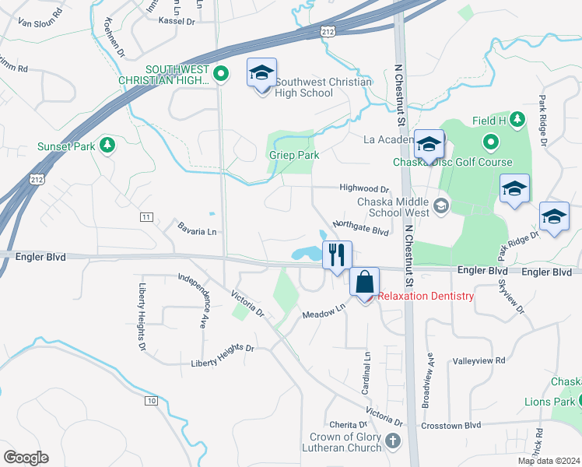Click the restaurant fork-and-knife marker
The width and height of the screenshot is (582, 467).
[x=337, y=255]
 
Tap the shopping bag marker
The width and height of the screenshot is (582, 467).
[x=365, y=283]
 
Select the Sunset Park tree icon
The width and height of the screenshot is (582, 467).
[x=108, y=145]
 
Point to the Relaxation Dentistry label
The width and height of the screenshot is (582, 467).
[x=426, y=296]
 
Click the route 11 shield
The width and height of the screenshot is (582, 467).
[x=145, y=216]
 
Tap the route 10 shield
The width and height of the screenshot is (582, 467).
[x=150, y=400]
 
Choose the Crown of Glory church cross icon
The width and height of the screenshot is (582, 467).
[x=393, y=441]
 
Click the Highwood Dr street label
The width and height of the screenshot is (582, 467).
[x=363, y=188]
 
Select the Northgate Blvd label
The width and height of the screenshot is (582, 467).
[x=359, y=227]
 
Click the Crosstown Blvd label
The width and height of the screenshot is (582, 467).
[x=451, y=426]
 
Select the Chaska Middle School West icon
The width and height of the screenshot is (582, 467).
[x=441, y=205]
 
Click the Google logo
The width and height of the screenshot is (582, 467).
[x=26, y=458]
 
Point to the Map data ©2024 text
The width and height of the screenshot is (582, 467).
[x=549, y=461]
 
